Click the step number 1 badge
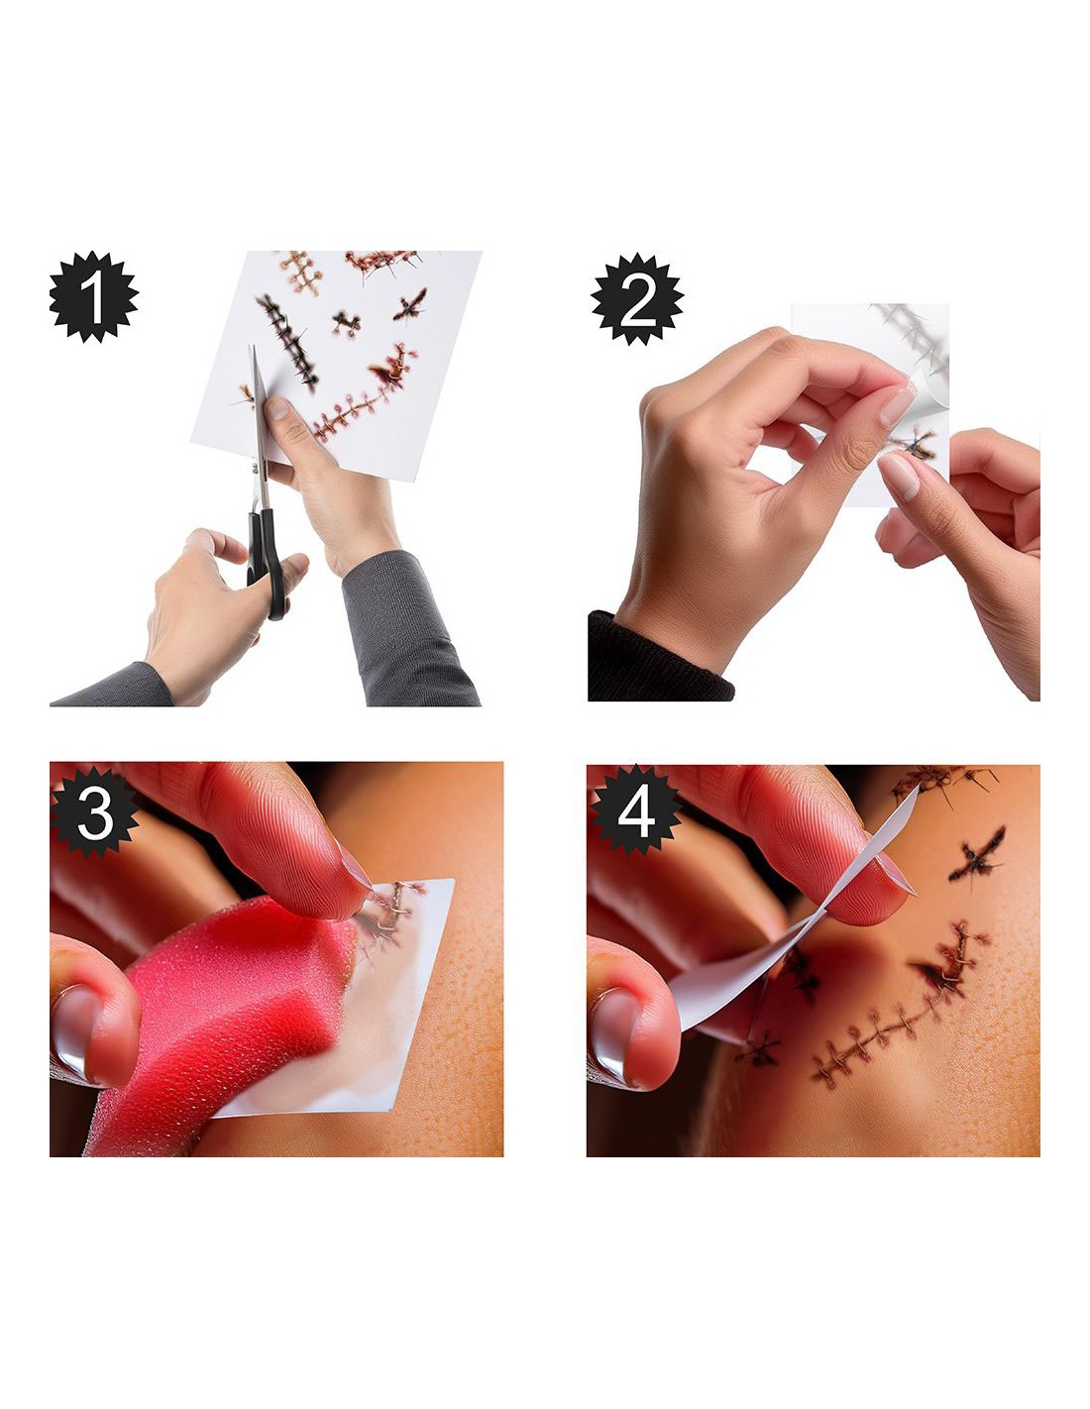pyautogui.click(x=93, y=296)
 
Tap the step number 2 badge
pyautogui.click(x=636, y=299)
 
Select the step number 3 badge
pyautogui.click(x=95, y=812)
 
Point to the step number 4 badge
pyautogui.click(x=635, y=811)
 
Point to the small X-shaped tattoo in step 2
pyautogui.click(x=912, y=444)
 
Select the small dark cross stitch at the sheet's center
pyautogui.click(x=347, y=323)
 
